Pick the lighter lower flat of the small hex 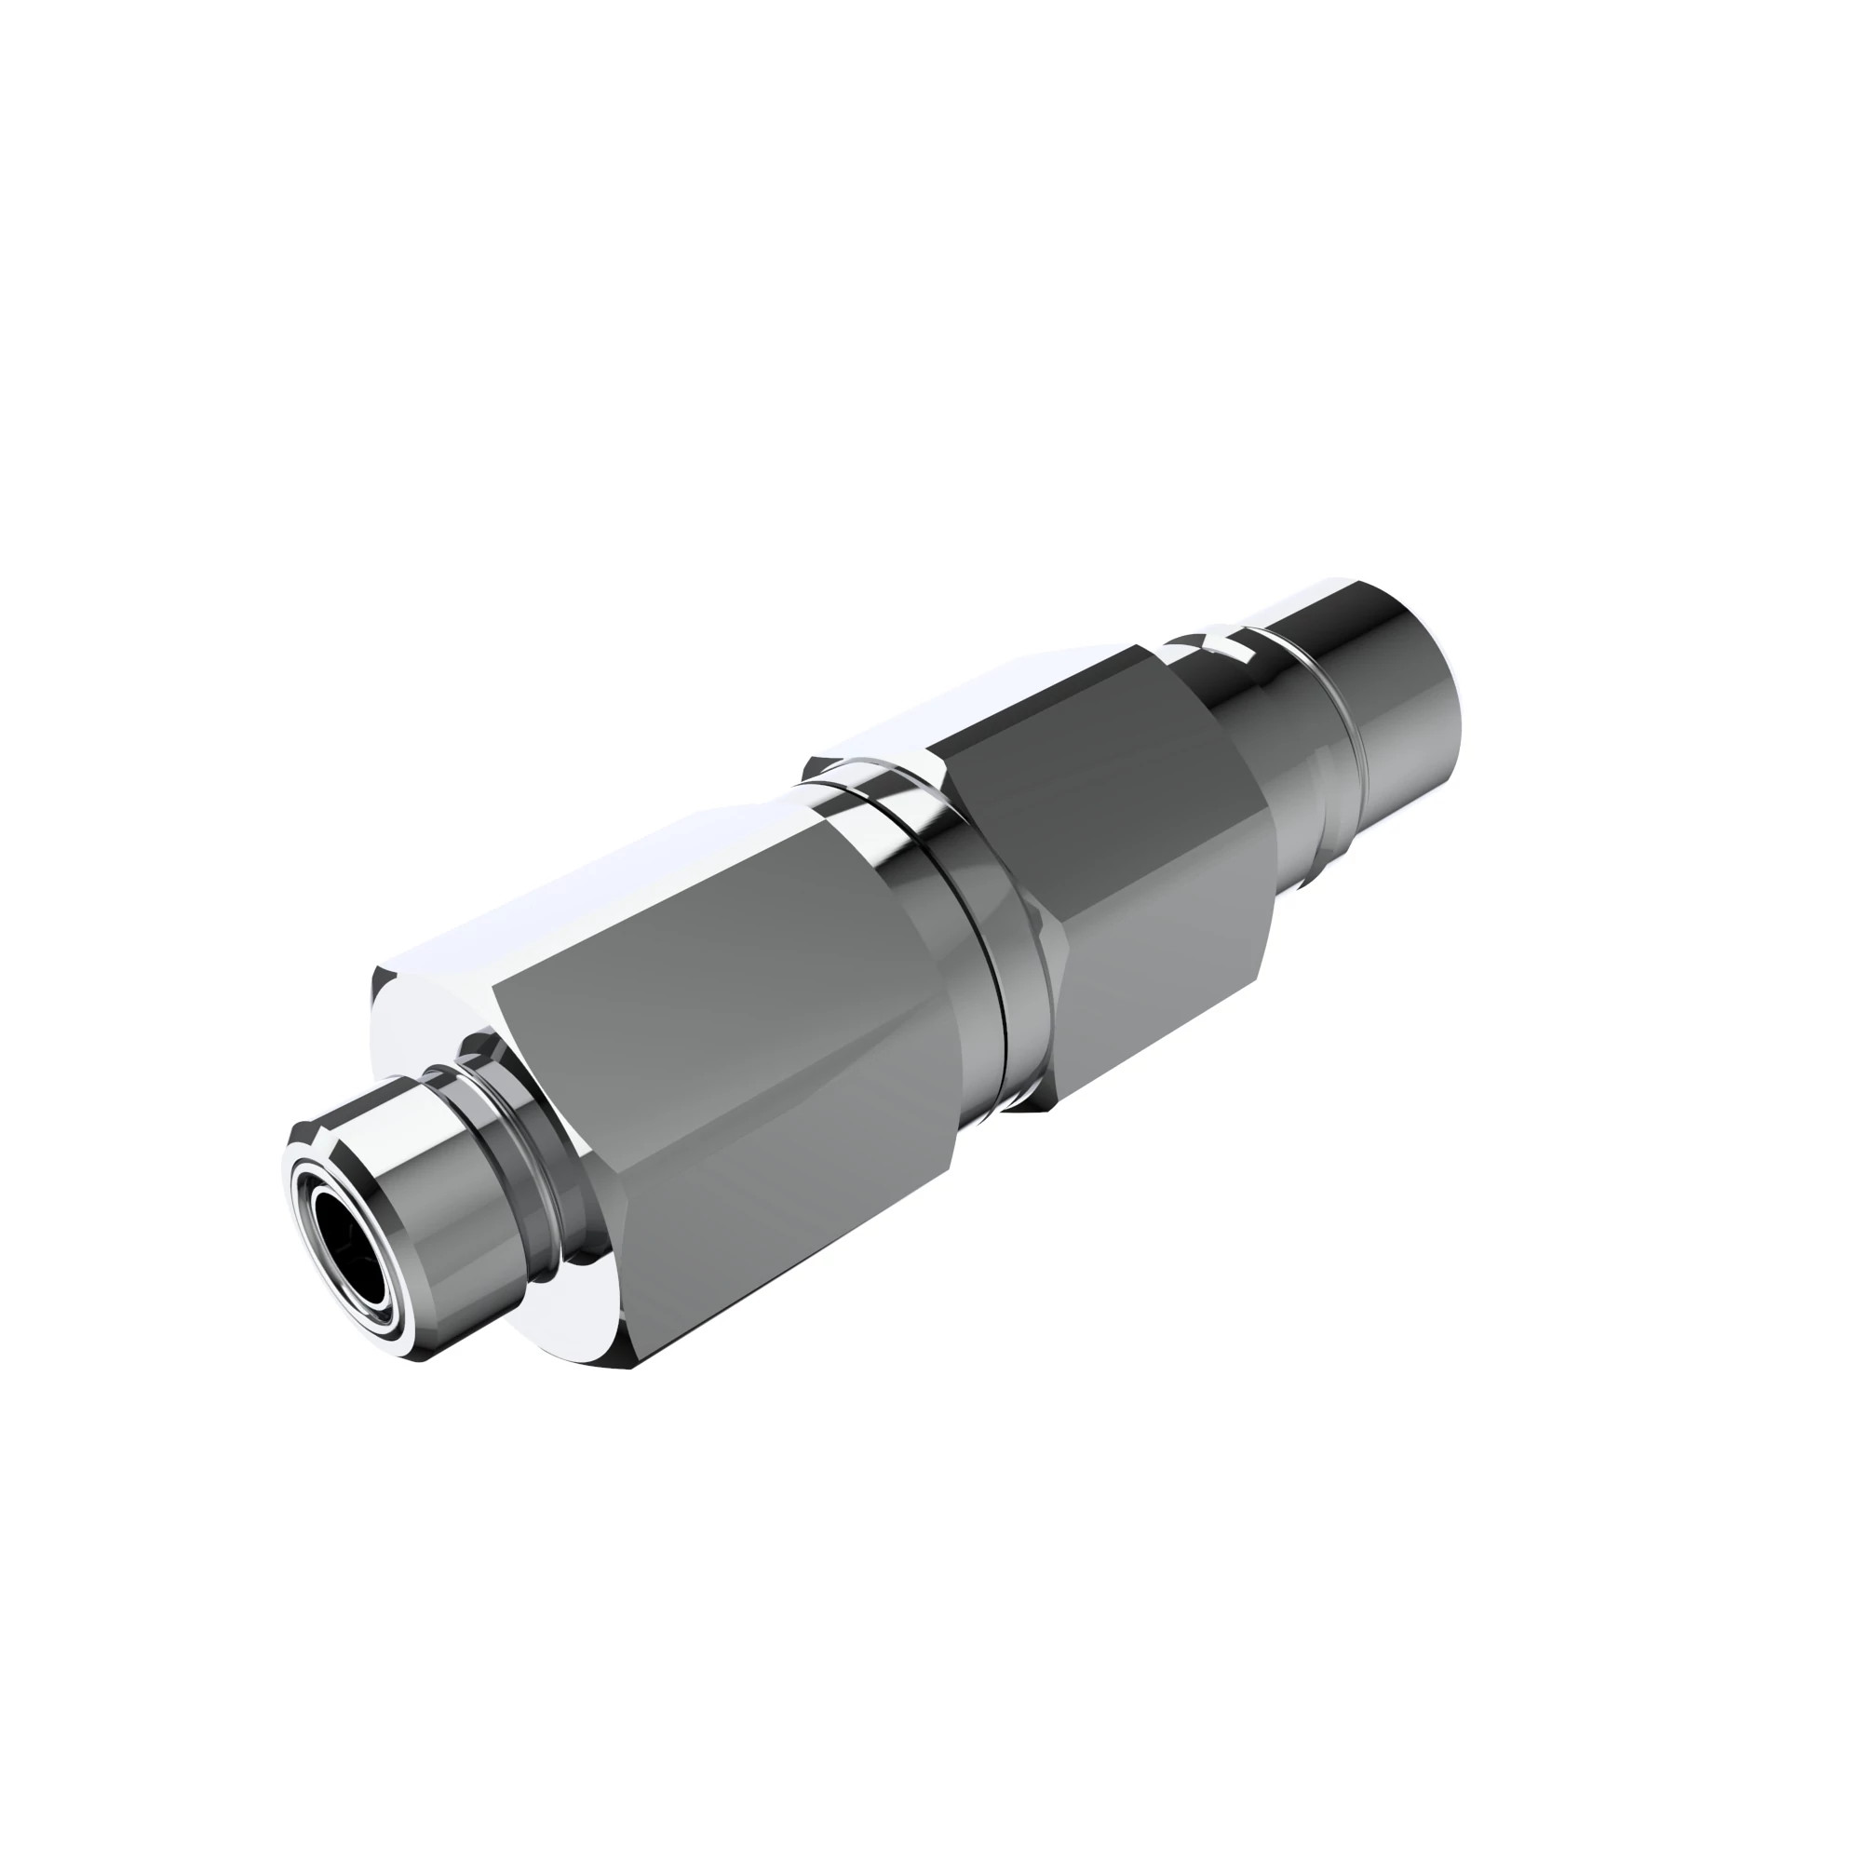pyautogui.click(x=1156, y=944)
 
